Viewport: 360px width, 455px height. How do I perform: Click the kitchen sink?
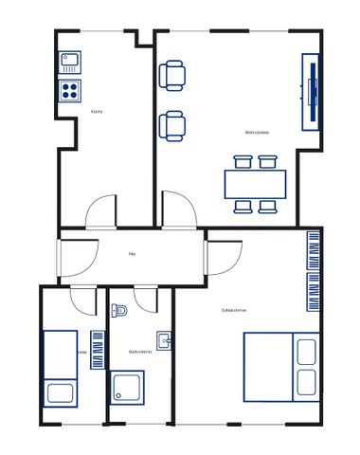[x=71, y=63]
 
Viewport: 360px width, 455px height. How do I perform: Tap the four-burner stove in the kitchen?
[x=71, y=90]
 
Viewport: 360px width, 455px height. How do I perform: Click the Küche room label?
[x=97, y=112]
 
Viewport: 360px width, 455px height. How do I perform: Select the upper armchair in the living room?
[x=173, y=75]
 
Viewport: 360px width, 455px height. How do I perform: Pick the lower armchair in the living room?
[x=173, y=125]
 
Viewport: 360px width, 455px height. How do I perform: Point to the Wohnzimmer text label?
[x=258, y=132]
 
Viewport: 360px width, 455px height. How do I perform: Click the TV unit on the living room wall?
[x=311, y=92]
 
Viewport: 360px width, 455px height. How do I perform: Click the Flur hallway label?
[x=133, y=254]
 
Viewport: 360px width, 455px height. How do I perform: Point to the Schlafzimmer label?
[x=233, y=310]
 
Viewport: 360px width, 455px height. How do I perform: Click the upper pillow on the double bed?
[x=306, y=353]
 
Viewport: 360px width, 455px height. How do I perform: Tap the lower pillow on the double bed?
[x=306, y=382]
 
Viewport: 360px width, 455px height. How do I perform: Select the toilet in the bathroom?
[x=119, y=311]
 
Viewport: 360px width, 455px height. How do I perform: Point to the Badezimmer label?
[x=139, y=352]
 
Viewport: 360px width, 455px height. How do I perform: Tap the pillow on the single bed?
[x=59, y=391]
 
